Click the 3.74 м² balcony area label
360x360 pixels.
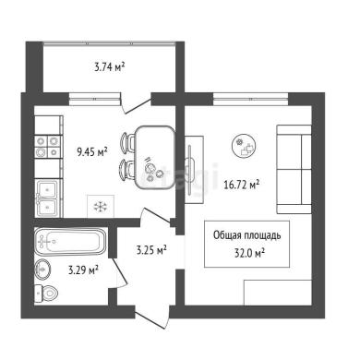pyautogui.click(x=110, y=67)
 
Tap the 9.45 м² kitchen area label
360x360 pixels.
pyautogui.click(x=92, y=151)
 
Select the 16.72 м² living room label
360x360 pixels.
pyautogui.click(x=242, y=185)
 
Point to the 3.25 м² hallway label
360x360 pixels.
pyautogui.click(x=151, y=250)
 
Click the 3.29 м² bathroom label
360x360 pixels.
pyautogui.click(x=83, y=270)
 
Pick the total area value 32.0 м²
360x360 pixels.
pyautogui.click(x=250, y=253)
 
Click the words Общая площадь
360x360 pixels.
pyautogui.click(x=247, y=235)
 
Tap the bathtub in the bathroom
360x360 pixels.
pyautogui.click(x=70, y=242)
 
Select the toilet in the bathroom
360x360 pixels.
pyautogui.click(x=45, y=294)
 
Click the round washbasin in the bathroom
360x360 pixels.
pyautogui.click(x=42, y=270)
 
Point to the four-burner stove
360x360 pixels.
pyautogui.click(x=47, y=146)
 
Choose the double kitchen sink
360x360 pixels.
pyautogui.click(x=47, y=198)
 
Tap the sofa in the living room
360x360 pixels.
pyautogui.click(x=294, y=169)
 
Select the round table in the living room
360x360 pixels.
pyautogui.click(x=245, y=146)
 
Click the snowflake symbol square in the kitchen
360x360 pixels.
pyautogui.click(x=101, y=206)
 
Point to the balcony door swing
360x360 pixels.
pyautogui.click(x=137, y=104)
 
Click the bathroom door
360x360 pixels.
pyautogui.click(x=118, y=273)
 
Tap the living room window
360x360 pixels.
pyautogui.click(x=250, y=99)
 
